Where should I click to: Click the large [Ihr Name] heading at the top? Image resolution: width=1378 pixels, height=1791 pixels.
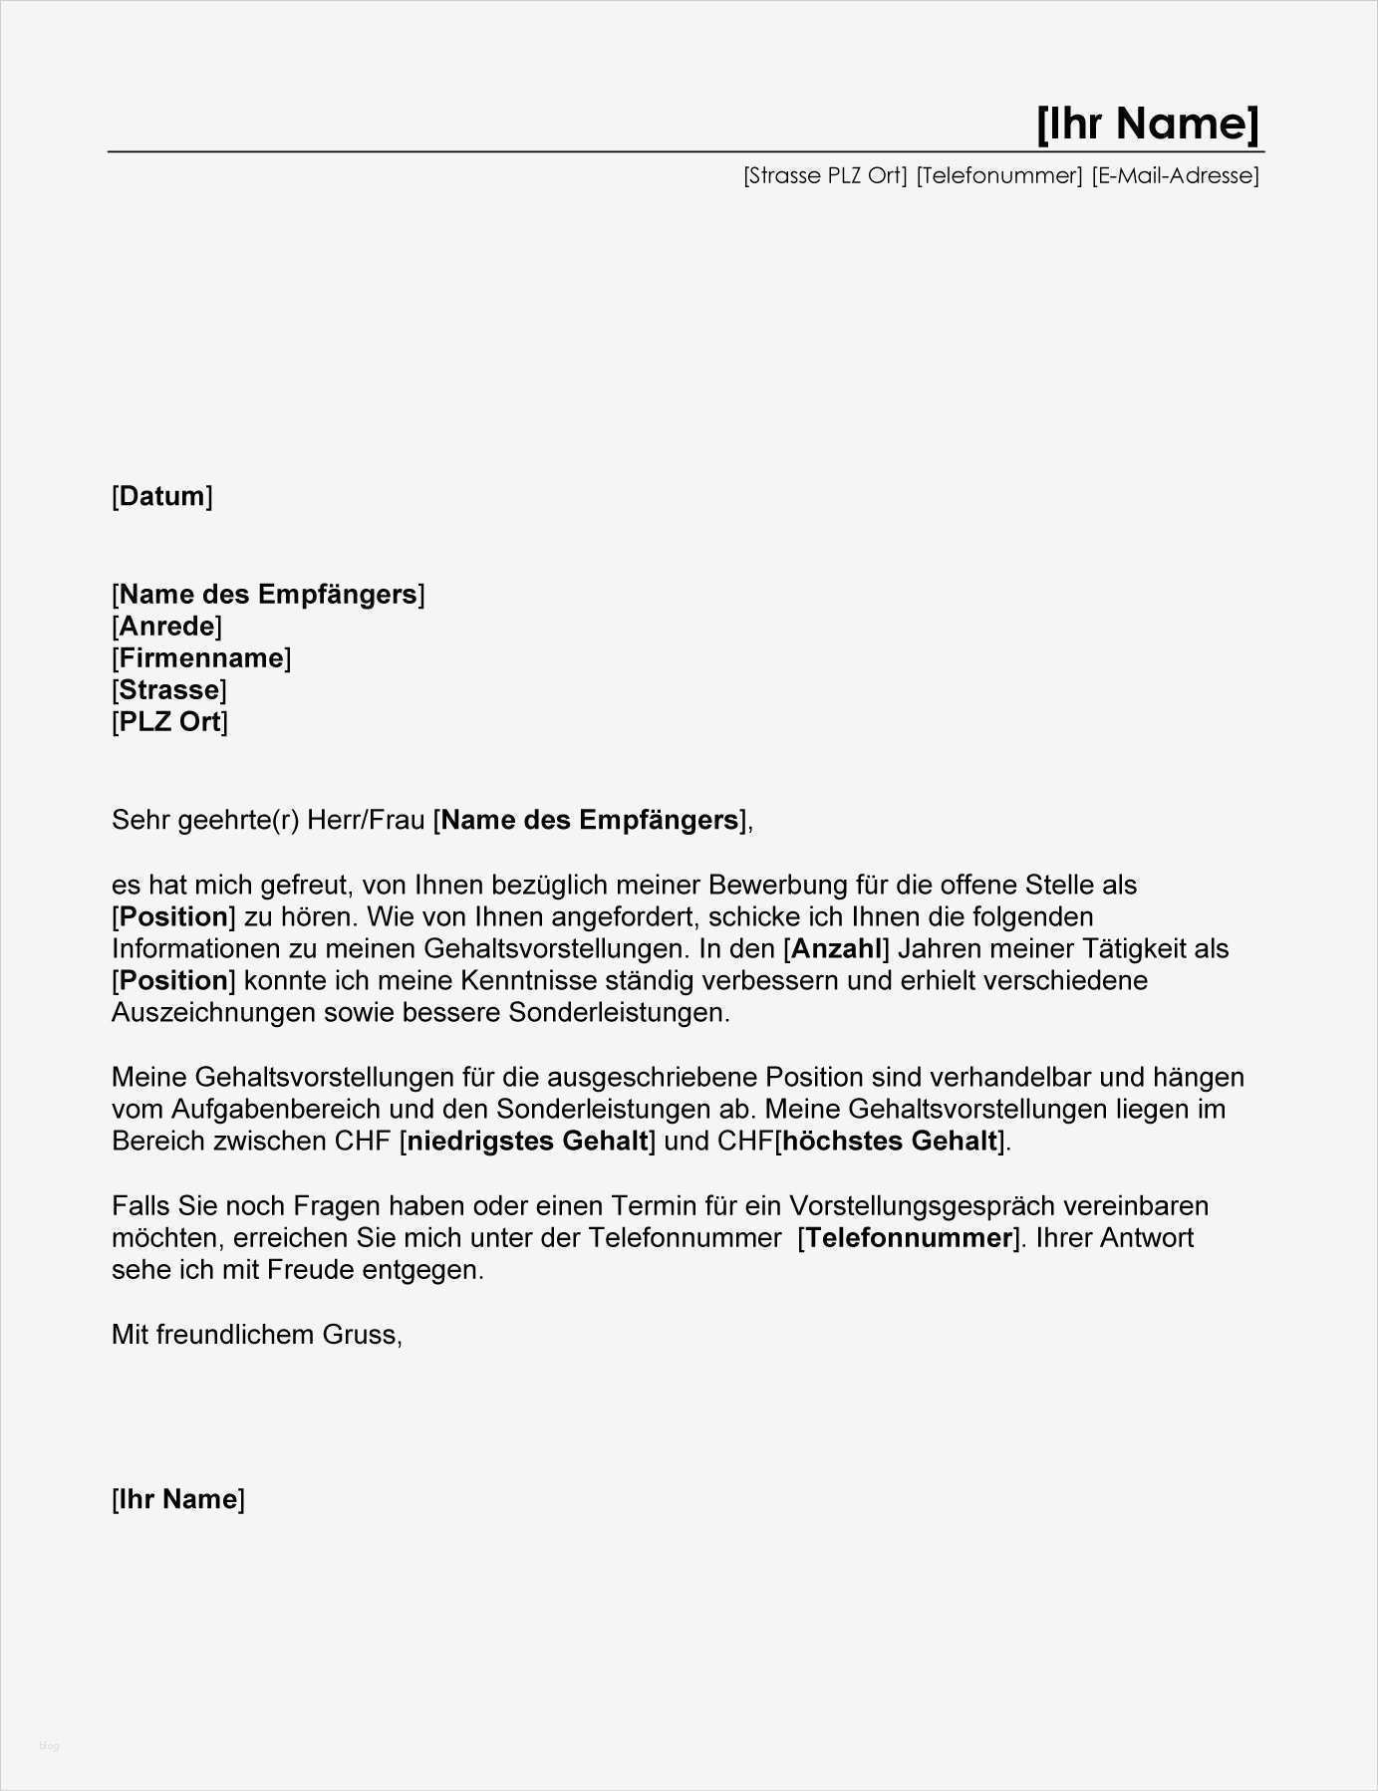click(x=1148, y=124)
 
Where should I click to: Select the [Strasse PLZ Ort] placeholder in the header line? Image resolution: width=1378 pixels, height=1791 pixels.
click(x=825, y=176)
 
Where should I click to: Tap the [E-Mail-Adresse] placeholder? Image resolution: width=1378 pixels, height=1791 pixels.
click(x=1175, y=176)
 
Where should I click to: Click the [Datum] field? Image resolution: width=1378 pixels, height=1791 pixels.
click(x=162, y=496)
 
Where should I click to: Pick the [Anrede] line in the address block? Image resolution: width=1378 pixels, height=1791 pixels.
click(x=166, y=627)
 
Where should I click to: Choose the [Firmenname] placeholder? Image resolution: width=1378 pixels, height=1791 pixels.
click(x=201, y=658)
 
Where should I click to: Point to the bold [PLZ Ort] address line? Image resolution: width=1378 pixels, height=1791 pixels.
click(x=170, y=722)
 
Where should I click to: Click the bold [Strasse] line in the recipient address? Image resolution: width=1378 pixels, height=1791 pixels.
click(x=169, y=690)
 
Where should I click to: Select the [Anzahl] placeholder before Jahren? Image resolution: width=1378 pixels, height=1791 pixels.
click(x=836, y=948)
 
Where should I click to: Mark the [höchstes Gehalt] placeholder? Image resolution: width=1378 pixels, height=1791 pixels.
click(x=890, y=1141)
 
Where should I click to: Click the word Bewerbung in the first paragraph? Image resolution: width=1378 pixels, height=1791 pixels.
click(x=762, y=885)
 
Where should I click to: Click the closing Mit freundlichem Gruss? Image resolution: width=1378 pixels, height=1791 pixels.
click(x=257, y=1334)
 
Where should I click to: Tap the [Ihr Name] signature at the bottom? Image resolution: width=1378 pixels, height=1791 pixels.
click(x=178, y=1499)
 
